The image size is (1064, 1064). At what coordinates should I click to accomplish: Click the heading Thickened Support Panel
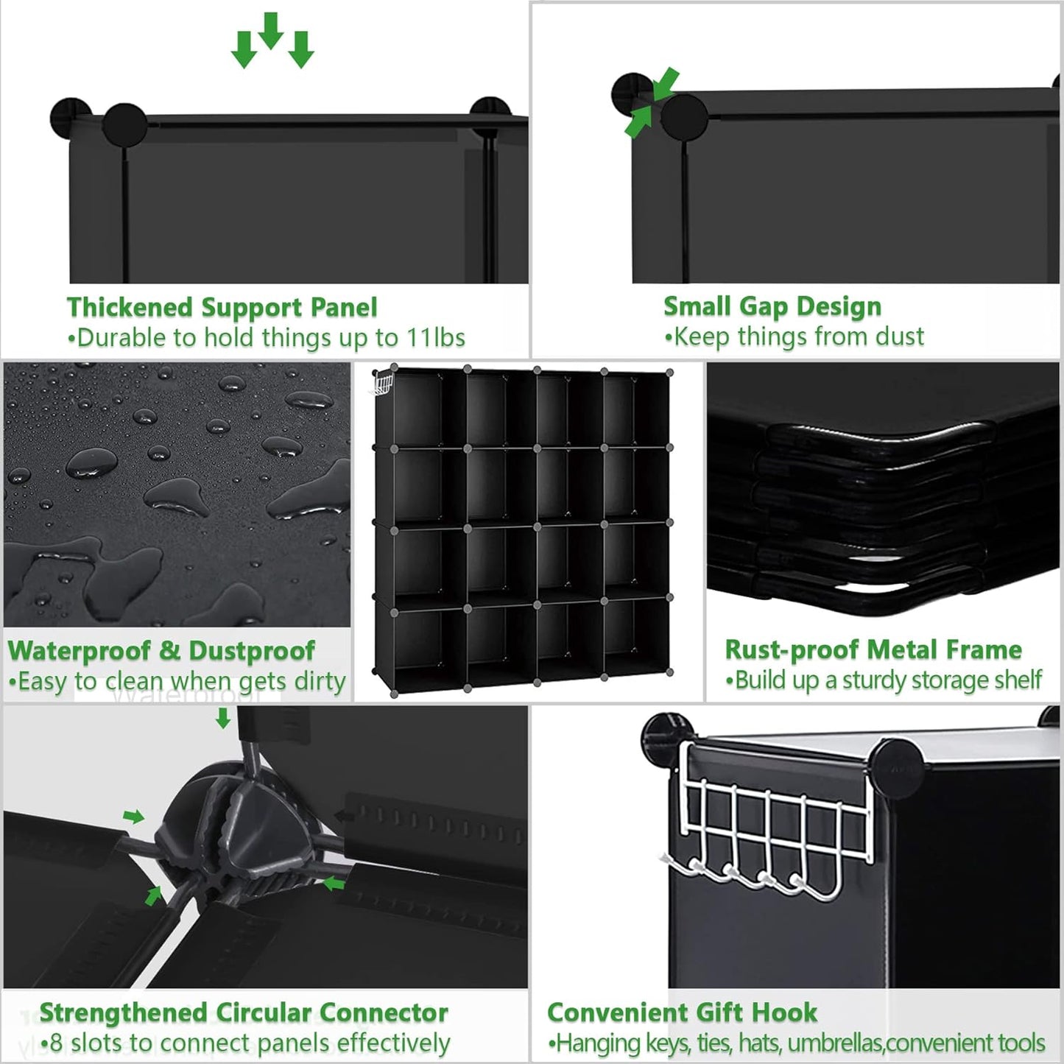point(222,307)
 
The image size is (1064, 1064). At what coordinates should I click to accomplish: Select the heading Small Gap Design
point(772,306)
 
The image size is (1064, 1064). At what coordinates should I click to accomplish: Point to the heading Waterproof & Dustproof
point(161,651)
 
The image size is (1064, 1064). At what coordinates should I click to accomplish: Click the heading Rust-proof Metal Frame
point(873,649)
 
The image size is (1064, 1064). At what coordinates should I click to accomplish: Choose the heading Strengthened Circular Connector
point(244,1013)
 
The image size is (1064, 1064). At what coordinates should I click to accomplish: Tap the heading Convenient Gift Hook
point(682,1012)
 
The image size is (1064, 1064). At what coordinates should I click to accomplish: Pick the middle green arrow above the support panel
point(271,31)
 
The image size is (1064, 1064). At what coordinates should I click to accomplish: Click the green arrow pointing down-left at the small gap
point(666,82)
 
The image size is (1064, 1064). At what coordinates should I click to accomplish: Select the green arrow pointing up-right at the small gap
point(638,121)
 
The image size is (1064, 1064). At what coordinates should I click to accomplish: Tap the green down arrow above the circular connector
point(222,718)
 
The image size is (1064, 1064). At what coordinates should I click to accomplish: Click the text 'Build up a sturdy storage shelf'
point(888,680)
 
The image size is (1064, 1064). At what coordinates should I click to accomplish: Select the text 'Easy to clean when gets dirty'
point(181,682)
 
